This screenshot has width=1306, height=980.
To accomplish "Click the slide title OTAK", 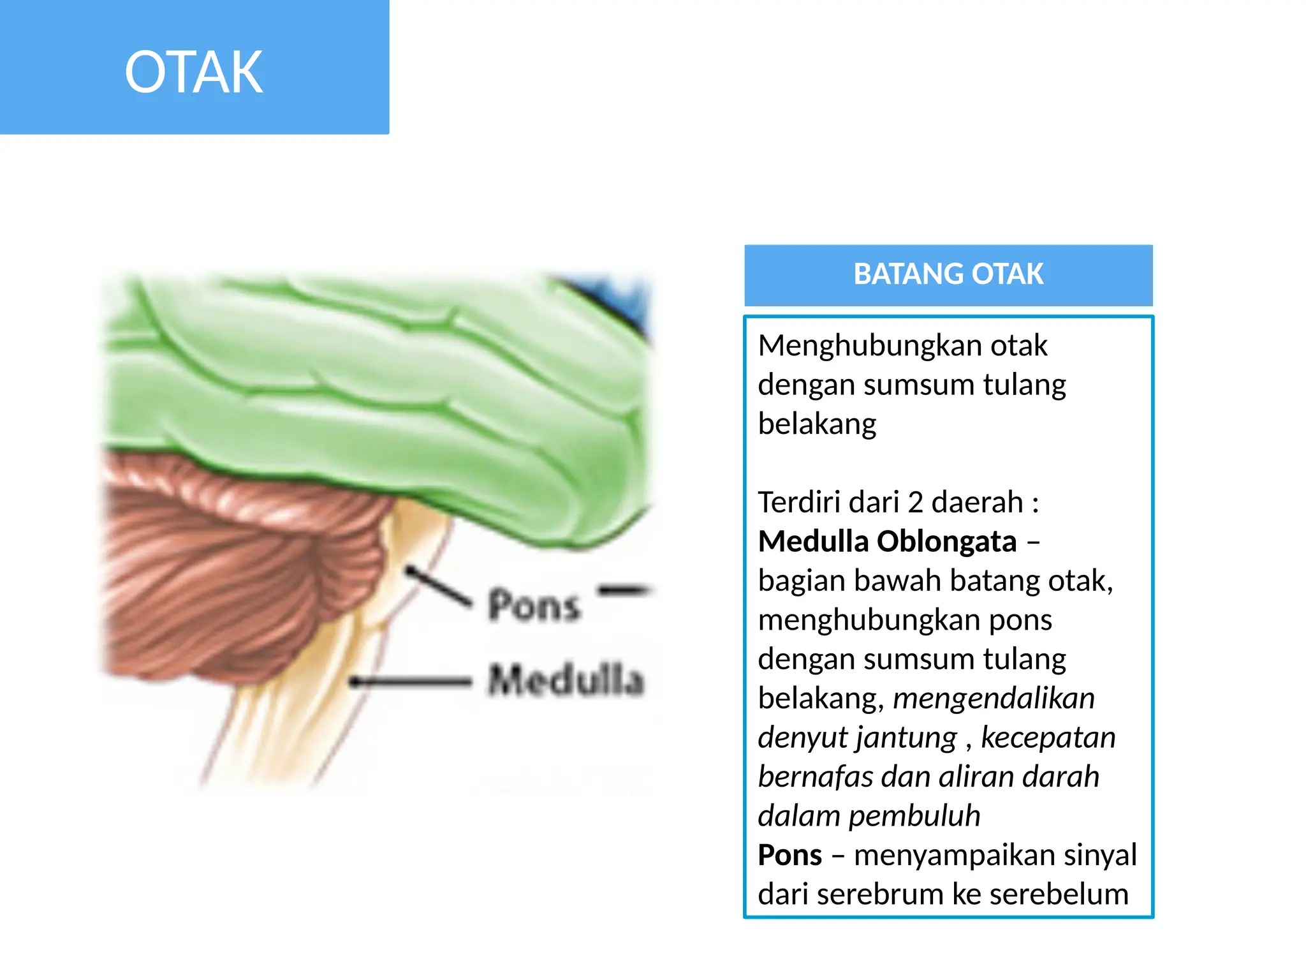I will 194,72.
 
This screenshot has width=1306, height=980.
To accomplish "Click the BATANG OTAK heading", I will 948,274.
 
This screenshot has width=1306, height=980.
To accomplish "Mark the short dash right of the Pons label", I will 624,590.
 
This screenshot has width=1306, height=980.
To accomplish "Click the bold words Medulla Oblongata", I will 887,542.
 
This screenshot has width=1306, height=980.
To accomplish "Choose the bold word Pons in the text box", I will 789,855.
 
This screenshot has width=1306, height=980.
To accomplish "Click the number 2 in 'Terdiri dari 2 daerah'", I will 915,502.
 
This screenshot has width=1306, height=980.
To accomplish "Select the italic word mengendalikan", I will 994,698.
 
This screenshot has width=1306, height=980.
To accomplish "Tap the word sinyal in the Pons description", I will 1100,855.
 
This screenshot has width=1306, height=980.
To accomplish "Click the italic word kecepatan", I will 1048,738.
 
